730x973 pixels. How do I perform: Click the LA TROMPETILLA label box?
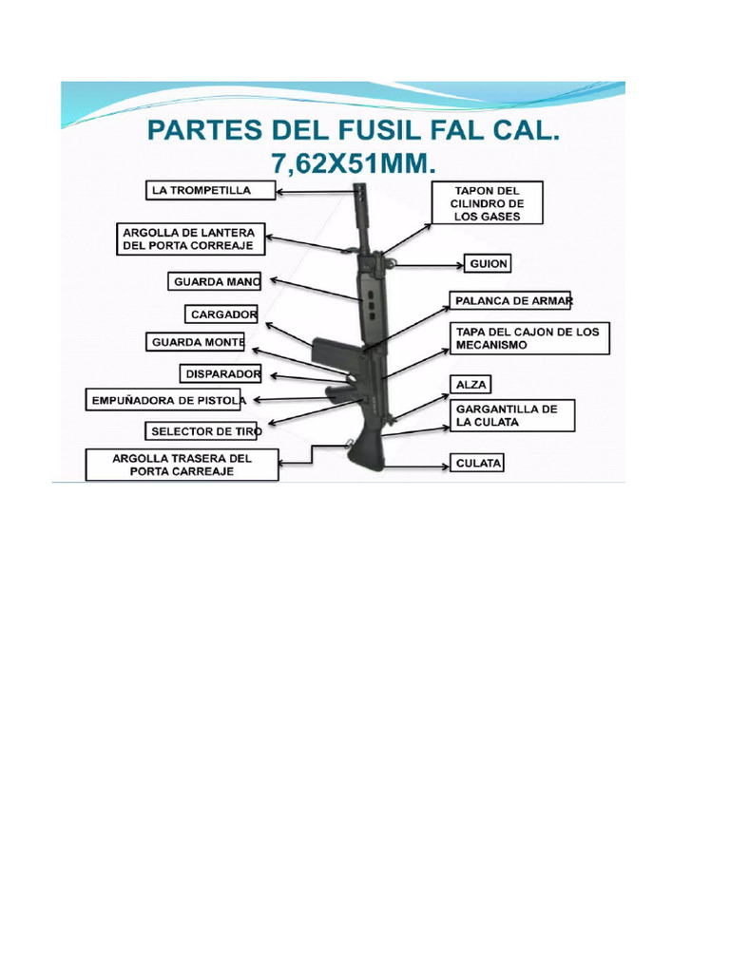click(x=210, y=190)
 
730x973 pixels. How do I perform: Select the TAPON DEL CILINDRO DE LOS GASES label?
click(x=488, y=203)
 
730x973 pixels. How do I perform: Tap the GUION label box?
click(x=488, y=264)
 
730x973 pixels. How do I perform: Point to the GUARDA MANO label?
click(x=214, y=281)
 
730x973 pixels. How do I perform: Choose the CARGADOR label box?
click(x=221, y=315)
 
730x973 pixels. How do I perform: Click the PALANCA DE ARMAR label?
click(x=509, y=301)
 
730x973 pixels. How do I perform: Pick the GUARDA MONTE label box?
click(x=196, y=342)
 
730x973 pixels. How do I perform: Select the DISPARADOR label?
click(x=221, y=374)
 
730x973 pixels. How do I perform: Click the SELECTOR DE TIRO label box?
click(x=202, y=431)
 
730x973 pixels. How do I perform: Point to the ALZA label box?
click(x=471, y=385)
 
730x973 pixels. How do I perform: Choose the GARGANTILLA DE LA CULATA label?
click(x=512, y=416)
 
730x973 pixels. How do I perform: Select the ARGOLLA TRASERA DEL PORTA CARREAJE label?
click(x=182, y=465)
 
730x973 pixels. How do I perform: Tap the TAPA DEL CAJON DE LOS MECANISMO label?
click(x=529, y=338)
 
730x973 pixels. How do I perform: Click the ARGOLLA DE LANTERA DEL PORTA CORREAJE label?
click(x=190, y=238)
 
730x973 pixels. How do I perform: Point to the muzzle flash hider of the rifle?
click(x=361, y=205)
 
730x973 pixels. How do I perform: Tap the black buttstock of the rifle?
click(x=366, y=451)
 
